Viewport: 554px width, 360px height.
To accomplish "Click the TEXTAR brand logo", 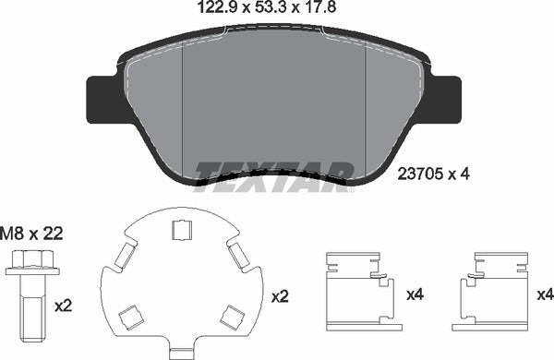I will pos(275,172).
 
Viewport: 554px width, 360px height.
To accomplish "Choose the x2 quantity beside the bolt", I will pos(64,303).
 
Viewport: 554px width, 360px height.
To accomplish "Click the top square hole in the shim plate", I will pos(182,232).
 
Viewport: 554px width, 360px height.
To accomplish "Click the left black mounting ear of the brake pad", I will pos(99,98).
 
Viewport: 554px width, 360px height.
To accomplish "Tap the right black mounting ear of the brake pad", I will pos(447,98).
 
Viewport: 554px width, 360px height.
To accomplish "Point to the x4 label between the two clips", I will pos(415,295).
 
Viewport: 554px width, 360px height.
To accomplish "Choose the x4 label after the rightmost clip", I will pos(545,295).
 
